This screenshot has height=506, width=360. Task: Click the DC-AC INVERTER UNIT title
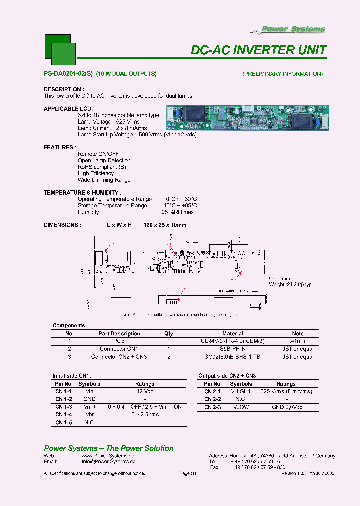click(259, 50)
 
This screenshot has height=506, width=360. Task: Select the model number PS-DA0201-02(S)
click(68, 74)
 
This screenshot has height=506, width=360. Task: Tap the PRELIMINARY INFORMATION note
click(283, 74)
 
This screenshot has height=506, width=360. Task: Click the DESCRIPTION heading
click(63, 89)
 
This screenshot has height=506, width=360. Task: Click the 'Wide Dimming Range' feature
click(104, 180)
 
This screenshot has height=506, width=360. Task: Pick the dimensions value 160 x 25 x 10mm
click(165, 225)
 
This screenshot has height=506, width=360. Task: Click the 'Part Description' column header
click(119, 333)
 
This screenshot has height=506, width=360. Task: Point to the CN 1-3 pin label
click(64, 407)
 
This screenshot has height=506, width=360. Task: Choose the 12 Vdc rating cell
click(145, 392)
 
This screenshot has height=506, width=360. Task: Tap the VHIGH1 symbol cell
click(241, 392)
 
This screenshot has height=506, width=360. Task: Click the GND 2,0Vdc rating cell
click(286, 407)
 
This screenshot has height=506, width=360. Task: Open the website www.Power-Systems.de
click(108, 456)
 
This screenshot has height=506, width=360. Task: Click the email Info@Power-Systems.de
click(108, 462)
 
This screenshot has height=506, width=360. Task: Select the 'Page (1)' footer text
click(187, 473)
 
